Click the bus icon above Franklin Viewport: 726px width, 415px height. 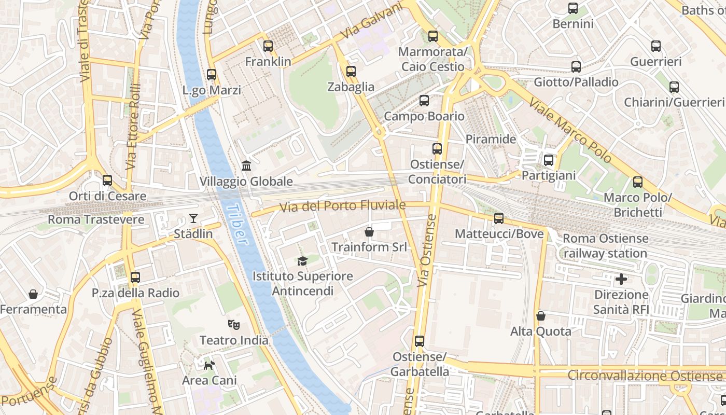point(268,46)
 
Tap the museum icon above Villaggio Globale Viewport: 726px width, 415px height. point(246,166)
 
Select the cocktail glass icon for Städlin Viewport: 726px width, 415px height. point(193,218)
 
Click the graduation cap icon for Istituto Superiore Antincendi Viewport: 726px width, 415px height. point(302,260)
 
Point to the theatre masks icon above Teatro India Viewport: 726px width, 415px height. point(234,325)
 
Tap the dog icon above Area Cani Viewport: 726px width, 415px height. point(209,365)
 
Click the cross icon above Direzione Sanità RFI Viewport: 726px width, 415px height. point(621,280)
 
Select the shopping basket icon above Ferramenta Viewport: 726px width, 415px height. point(33,294)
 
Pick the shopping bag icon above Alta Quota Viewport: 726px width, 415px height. point(540,315)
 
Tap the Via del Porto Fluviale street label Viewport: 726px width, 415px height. point(342,206)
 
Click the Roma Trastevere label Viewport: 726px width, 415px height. point(96,219)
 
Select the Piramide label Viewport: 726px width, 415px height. point(491,139)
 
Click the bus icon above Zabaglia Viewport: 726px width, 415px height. point(351,72)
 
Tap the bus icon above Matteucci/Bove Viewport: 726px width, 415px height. point(499,218)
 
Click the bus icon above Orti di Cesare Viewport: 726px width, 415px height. point(107,181)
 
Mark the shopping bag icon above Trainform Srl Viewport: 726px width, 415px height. point(369,231)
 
